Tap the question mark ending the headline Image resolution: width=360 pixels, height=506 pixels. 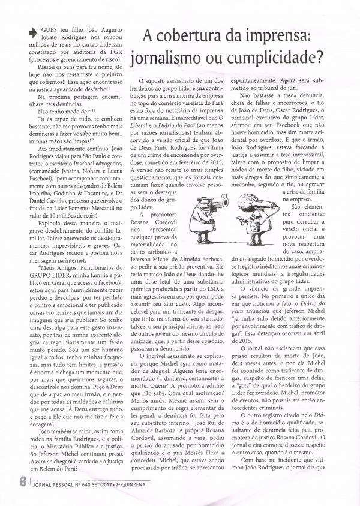329,59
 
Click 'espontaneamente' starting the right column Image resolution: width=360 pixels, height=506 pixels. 263,79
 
